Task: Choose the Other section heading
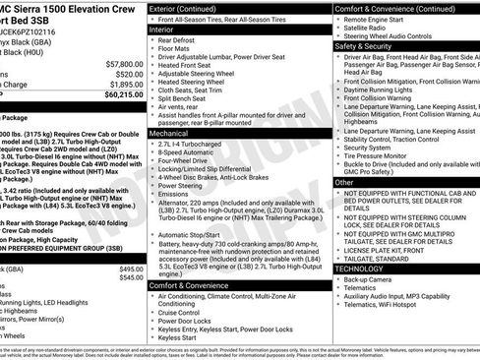point(344,182)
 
